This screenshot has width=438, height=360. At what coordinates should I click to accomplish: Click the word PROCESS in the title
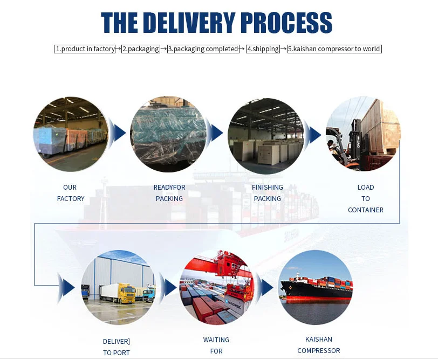point(286,23)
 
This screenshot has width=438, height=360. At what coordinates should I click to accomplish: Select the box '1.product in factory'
point(85,49)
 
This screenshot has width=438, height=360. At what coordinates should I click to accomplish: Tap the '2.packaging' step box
point(141,49)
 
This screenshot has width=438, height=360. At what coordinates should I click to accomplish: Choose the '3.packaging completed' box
point(203,49)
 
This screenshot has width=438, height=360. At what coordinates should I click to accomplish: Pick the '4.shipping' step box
point(263,49)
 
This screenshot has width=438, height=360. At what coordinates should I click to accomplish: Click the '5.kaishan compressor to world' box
point(334,49)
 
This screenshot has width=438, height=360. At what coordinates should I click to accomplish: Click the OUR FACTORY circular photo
point(71,134)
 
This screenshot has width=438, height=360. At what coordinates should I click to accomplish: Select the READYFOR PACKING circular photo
point(168,134)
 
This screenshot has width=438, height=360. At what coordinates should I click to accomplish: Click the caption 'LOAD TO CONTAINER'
point(366,198)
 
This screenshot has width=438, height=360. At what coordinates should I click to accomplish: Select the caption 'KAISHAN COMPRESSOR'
point(319,345)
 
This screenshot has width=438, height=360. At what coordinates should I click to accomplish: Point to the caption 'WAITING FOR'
point(216,345)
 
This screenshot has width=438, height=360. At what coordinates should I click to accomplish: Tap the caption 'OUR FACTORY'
point(71,193)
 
